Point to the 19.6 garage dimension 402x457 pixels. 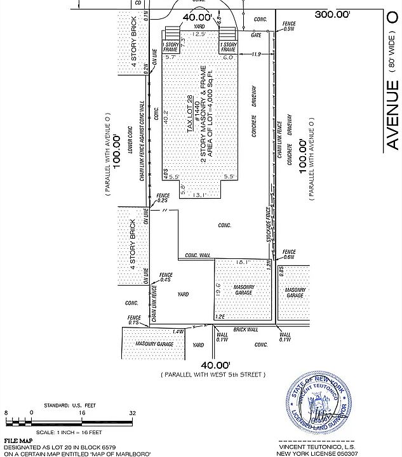click(x=218, y=289)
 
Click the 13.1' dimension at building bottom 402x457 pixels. click(x=199, y=195)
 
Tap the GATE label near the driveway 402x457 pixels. click(x=255, y=36)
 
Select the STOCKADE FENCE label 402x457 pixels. click(x=269, y=224)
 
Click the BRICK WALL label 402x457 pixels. click(x=245, y=329)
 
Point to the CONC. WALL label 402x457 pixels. click(x=198, y=255)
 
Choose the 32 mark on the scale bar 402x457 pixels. click(x=133, y=413)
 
